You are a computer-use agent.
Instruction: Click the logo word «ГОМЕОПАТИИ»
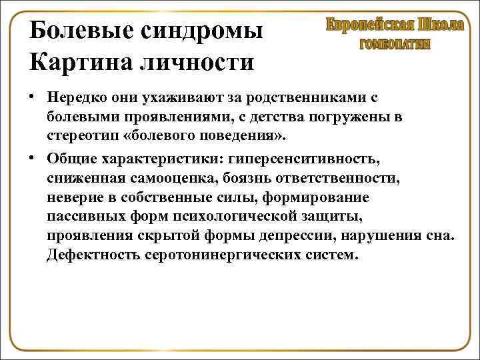pos(395,45)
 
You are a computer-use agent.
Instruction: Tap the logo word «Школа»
pos(441,25)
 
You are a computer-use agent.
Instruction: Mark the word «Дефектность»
pos(93,256)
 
